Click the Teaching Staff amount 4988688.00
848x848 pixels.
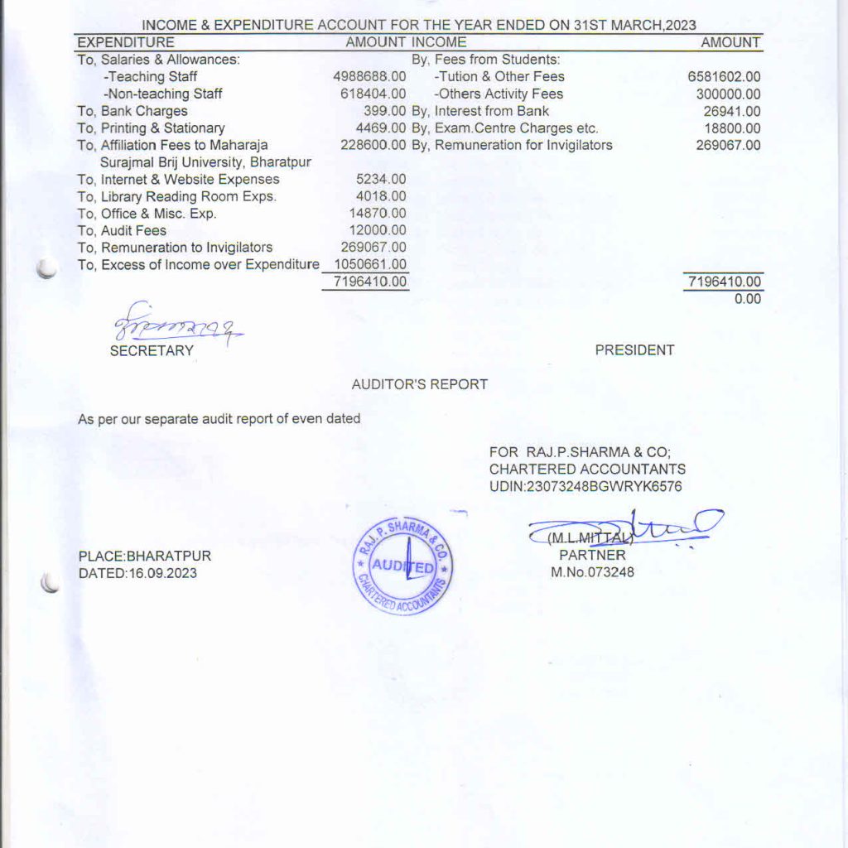(369, 77)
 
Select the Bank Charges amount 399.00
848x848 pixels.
(384, 111)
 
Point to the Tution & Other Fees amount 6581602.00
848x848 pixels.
(724, 77)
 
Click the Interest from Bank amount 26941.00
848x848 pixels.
(732, 111)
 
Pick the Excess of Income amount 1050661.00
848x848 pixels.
(370, 264)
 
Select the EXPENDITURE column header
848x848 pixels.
(126, 42)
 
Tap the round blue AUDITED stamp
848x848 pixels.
(404, 566)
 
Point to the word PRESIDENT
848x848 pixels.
(634, 350)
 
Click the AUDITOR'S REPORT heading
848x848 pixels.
(420, 384)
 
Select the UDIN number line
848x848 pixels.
(585, 487)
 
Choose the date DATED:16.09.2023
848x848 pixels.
(137, 573)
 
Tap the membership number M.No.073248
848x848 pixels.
(592, 572)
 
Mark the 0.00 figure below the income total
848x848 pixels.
(747, 299)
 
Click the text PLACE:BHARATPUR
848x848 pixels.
(144, 556)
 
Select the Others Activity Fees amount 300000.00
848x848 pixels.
(728, 94)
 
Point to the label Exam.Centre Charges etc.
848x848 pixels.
(516, 128)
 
